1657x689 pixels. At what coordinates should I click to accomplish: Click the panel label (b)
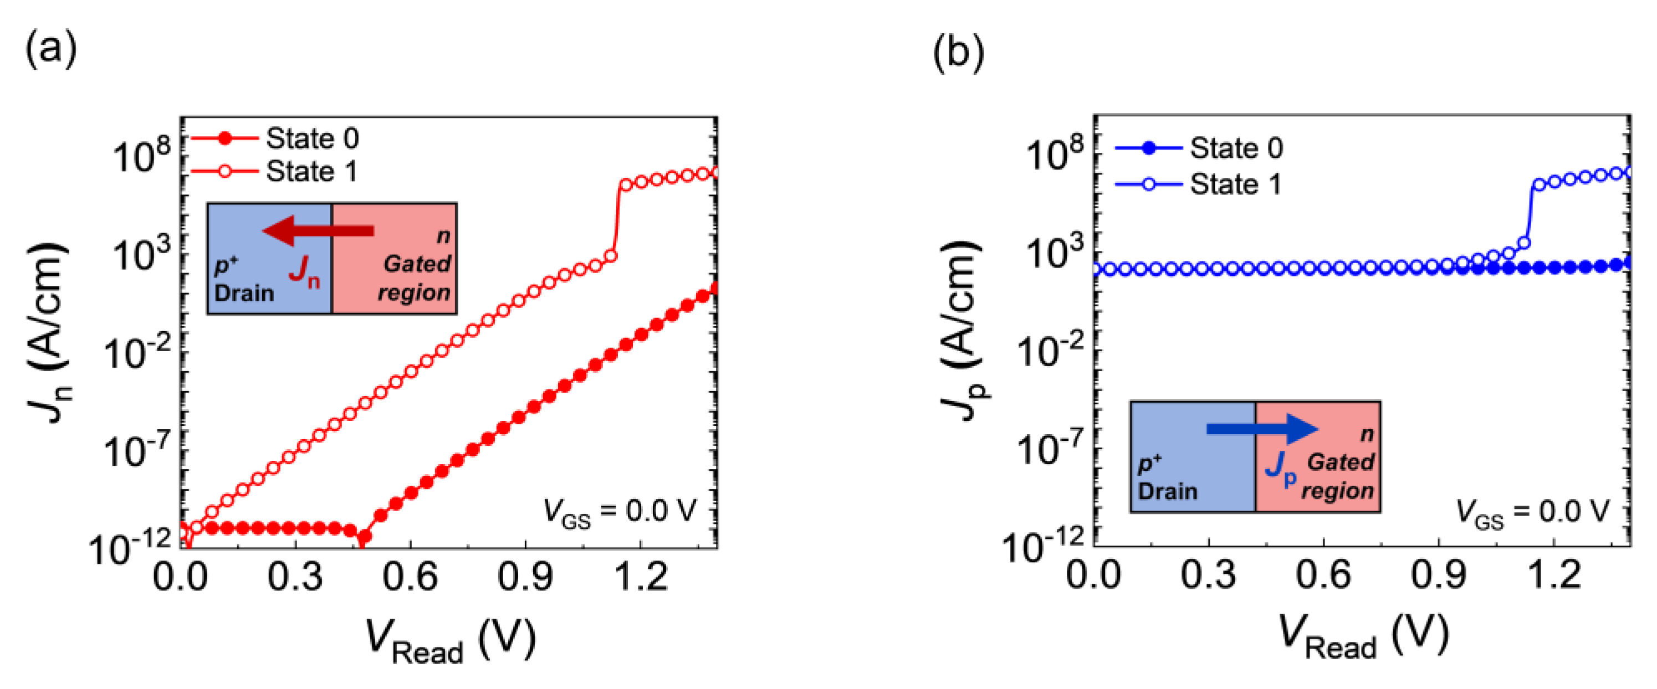tap(958, 52)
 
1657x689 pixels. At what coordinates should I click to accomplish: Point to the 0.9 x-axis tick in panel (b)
tap(1438, 575)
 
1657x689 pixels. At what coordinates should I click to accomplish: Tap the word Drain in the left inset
tap(244, 293)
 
